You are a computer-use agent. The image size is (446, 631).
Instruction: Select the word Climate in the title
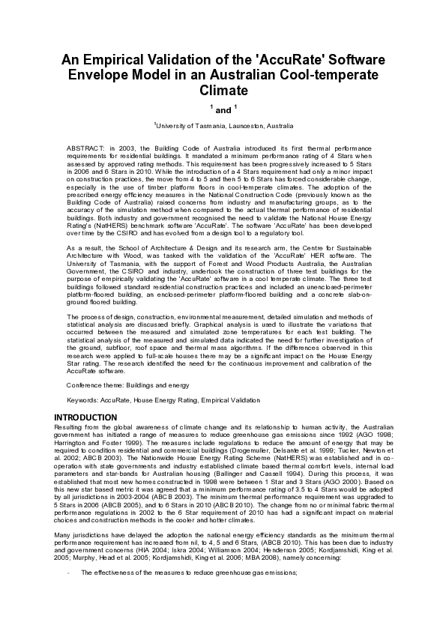coord(223,91)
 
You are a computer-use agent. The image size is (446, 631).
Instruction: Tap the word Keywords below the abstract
coord(83,401)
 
